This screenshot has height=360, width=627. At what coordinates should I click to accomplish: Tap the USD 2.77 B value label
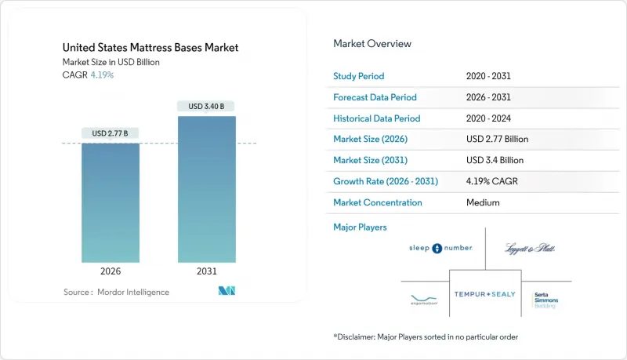click(x=111, y=133)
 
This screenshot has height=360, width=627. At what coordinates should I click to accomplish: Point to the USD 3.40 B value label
click(x=207, y=106)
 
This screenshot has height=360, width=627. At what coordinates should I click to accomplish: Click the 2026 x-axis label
click(x=111, y=271)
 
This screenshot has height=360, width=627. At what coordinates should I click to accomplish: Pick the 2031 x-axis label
click(x=207, y=271)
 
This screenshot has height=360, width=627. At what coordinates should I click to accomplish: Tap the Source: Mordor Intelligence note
click(x=116, y=292)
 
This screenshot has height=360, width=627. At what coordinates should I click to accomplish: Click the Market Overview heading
click(x=371, y=44)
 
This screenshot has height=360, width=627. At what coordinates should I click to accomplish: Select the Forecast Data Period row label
click(x=375, y=97)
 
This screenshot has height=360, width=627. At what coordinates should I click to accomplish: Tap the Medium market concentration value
click(x=482, y=202)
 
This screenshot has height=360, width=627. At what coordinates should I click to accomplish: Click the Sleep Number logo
click(x=440, y=248)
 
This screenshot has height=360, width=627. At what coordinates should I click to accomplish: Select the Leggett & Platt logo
click(x=531, y=248)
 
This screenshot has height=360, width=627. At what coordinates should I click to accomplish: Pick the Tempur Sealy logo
click(x=486, y=294)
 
